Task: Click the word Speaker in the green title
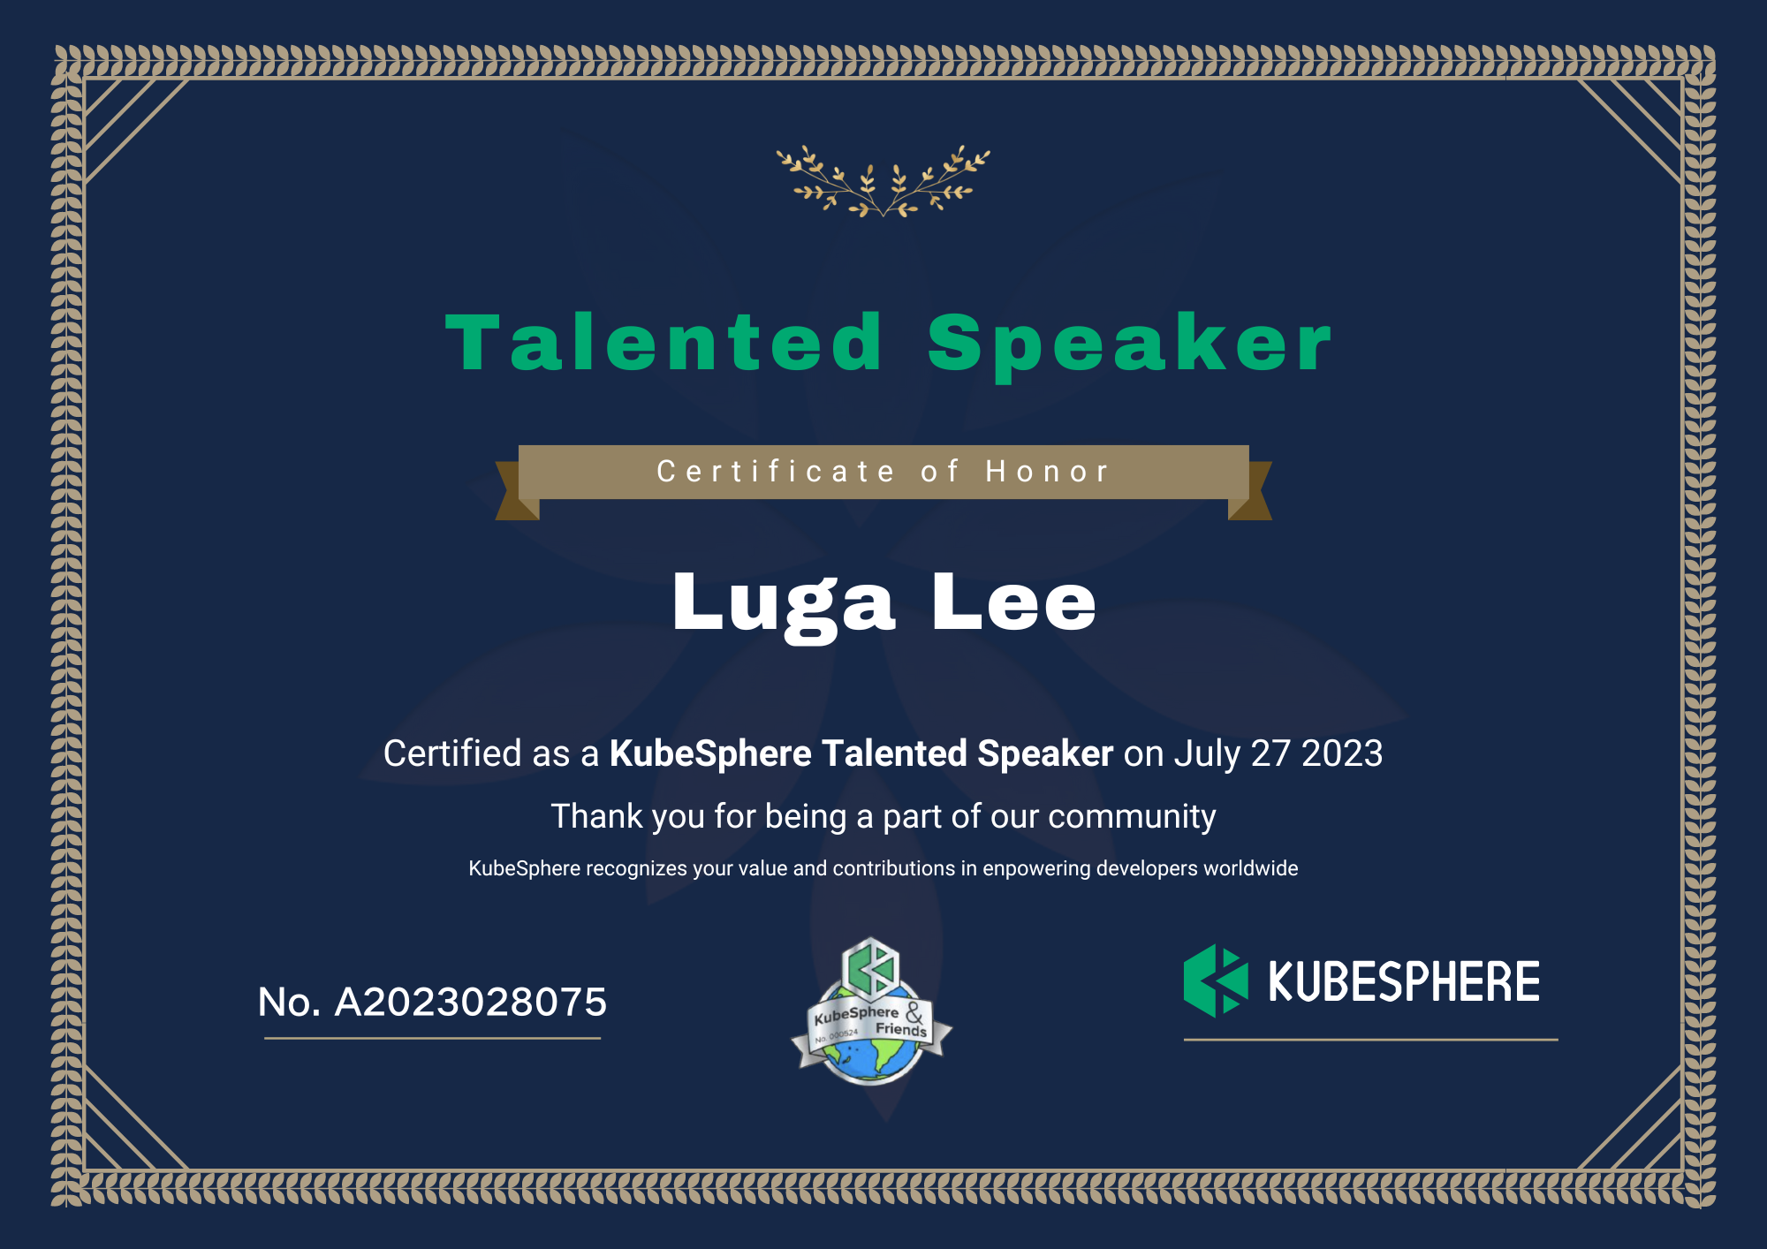(x=1129, y=347)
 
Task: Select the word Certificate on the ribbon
(x=776, y=472)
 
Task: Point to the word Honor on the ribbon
(x=1047, y=472)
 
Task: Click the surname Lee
(x=1014, y=602)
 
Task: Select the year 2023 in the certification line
(x=1342, y=753)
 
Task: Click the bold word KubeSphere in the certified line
(x=710, y=754)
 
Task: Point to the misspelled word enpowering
(x=1036, y=869)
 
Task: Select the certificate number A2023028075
(x=471, y=1003)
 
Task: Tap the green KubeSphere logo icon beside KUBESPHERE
(x=1216, y=980)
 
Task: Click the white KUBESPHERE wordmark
(x=1404, y=981)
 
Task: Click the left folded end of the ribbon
(x=517, y=491)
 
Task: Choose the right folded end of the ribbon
(x=1250, y=491)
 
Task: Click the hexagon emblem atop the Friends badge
(x=870, y=969)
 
